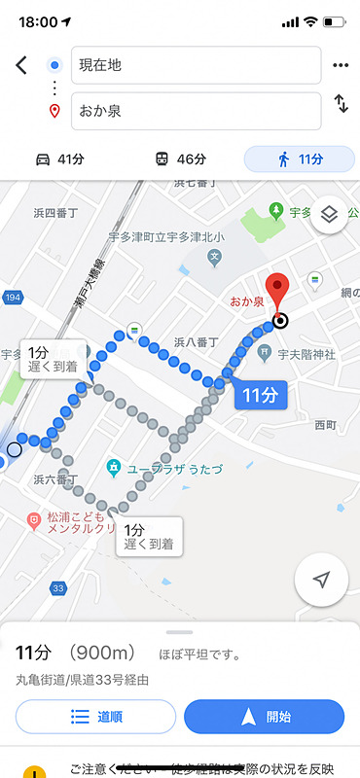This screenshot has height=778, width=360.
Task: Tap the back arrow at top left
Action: [21, 65]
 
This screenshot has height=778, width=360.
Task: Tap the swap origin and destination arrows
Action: [341, 103]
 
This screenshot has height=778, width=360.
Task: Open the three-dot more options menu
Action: [340, 65]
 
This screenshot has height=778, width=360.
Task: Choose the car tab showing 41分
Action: [59, 159]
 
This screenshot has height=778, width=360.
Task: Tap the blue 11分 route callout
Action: [260, 394]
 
